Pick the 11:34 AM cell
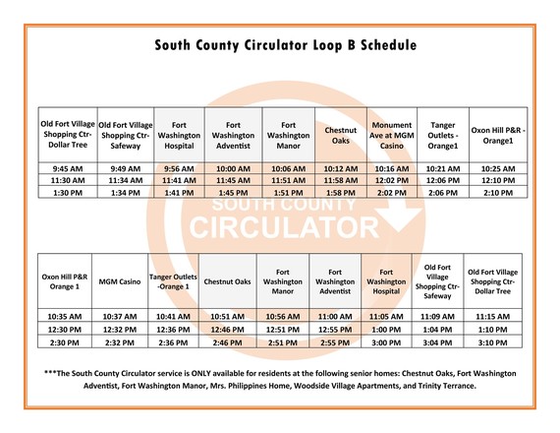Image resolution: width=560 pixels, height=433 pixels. [126, 180]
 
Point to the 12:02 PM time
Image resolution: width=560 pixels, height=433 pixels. [390, 180]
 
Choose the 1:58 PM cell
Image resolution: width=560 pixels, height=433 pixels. [340, 194]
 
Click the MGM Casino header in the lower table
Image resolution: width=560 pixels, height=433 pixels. [121, 281]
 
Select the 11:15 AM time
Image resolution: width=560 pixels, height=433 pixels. [492, 316]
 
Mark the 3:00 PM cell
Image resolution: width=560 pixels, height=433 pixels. [385, 343]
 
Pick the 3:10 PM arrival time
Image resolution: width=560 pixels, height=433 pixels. [492, 343]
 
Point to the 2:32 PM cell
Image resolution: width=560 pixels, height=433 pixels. [121, 343]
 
